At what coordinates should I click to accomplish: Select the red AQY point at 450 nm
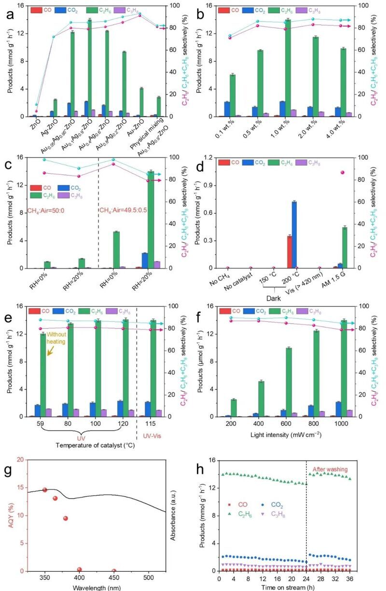(114, 571)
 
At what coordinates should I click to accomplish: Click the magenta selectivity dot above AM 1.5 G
(343, 172)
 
